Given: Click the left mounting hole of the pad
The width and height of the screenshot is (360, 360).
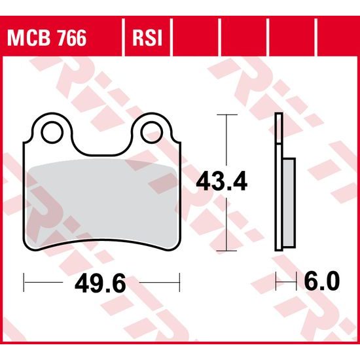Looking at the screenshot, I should pos(50,132).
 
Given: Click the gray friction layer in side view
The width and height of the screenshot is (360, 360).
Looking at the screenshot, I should pos(290,203).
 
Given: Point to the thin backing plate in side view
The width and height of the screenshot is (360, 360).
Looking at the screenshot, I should pos(278,183).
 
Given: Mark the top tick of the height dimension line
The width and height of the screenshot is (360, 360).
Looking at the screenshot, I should pos(226,115).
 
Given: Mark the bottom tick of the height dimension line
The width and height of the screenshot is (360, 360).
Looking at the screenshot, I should pos(226,251).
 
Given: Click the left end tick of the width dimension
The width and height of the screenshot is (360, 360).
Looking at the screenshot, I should pos(24,283).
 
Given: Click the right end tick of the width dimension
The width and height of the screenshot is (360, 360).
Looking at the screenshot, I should pos(180,283).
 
